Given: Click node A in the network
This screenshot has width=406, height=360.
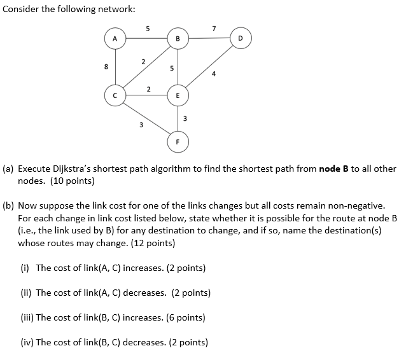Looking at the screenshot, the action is [115, 39].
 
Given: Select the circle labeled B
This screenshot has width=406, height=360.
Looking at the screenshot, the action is [178, 39].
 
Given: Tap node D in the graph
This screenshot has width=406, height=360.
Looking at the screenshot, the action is [240, 39].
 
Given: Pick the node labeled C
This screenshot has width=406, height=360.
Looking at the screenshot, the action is [115, 95].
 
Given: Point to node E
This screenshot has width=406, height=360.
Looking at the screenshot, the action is [178, 95].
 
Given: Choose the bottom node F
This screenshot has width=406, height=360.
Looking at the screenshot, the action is [178, 141].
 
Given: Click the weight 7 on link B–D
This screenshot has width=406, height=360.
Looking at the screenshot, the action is [214, 28].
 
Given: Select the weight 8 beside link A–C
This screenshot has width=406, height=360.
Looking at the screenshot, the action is [106, 67].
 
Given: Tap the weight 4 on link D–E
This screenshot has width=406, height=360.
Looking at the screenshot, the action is [214, 74].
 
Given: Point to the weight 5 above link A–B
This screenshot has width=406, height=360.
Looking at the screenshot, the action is [148, 28].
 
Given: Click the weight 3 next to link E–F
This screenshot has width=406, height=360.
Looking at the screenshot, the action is [185, 118].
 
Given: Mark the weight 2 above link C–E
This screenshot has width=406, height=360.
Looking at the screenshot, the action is [148, 88].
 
